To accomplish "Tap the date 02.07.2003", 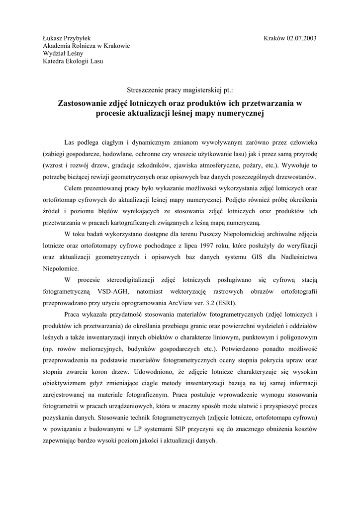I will pos(299,38).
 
